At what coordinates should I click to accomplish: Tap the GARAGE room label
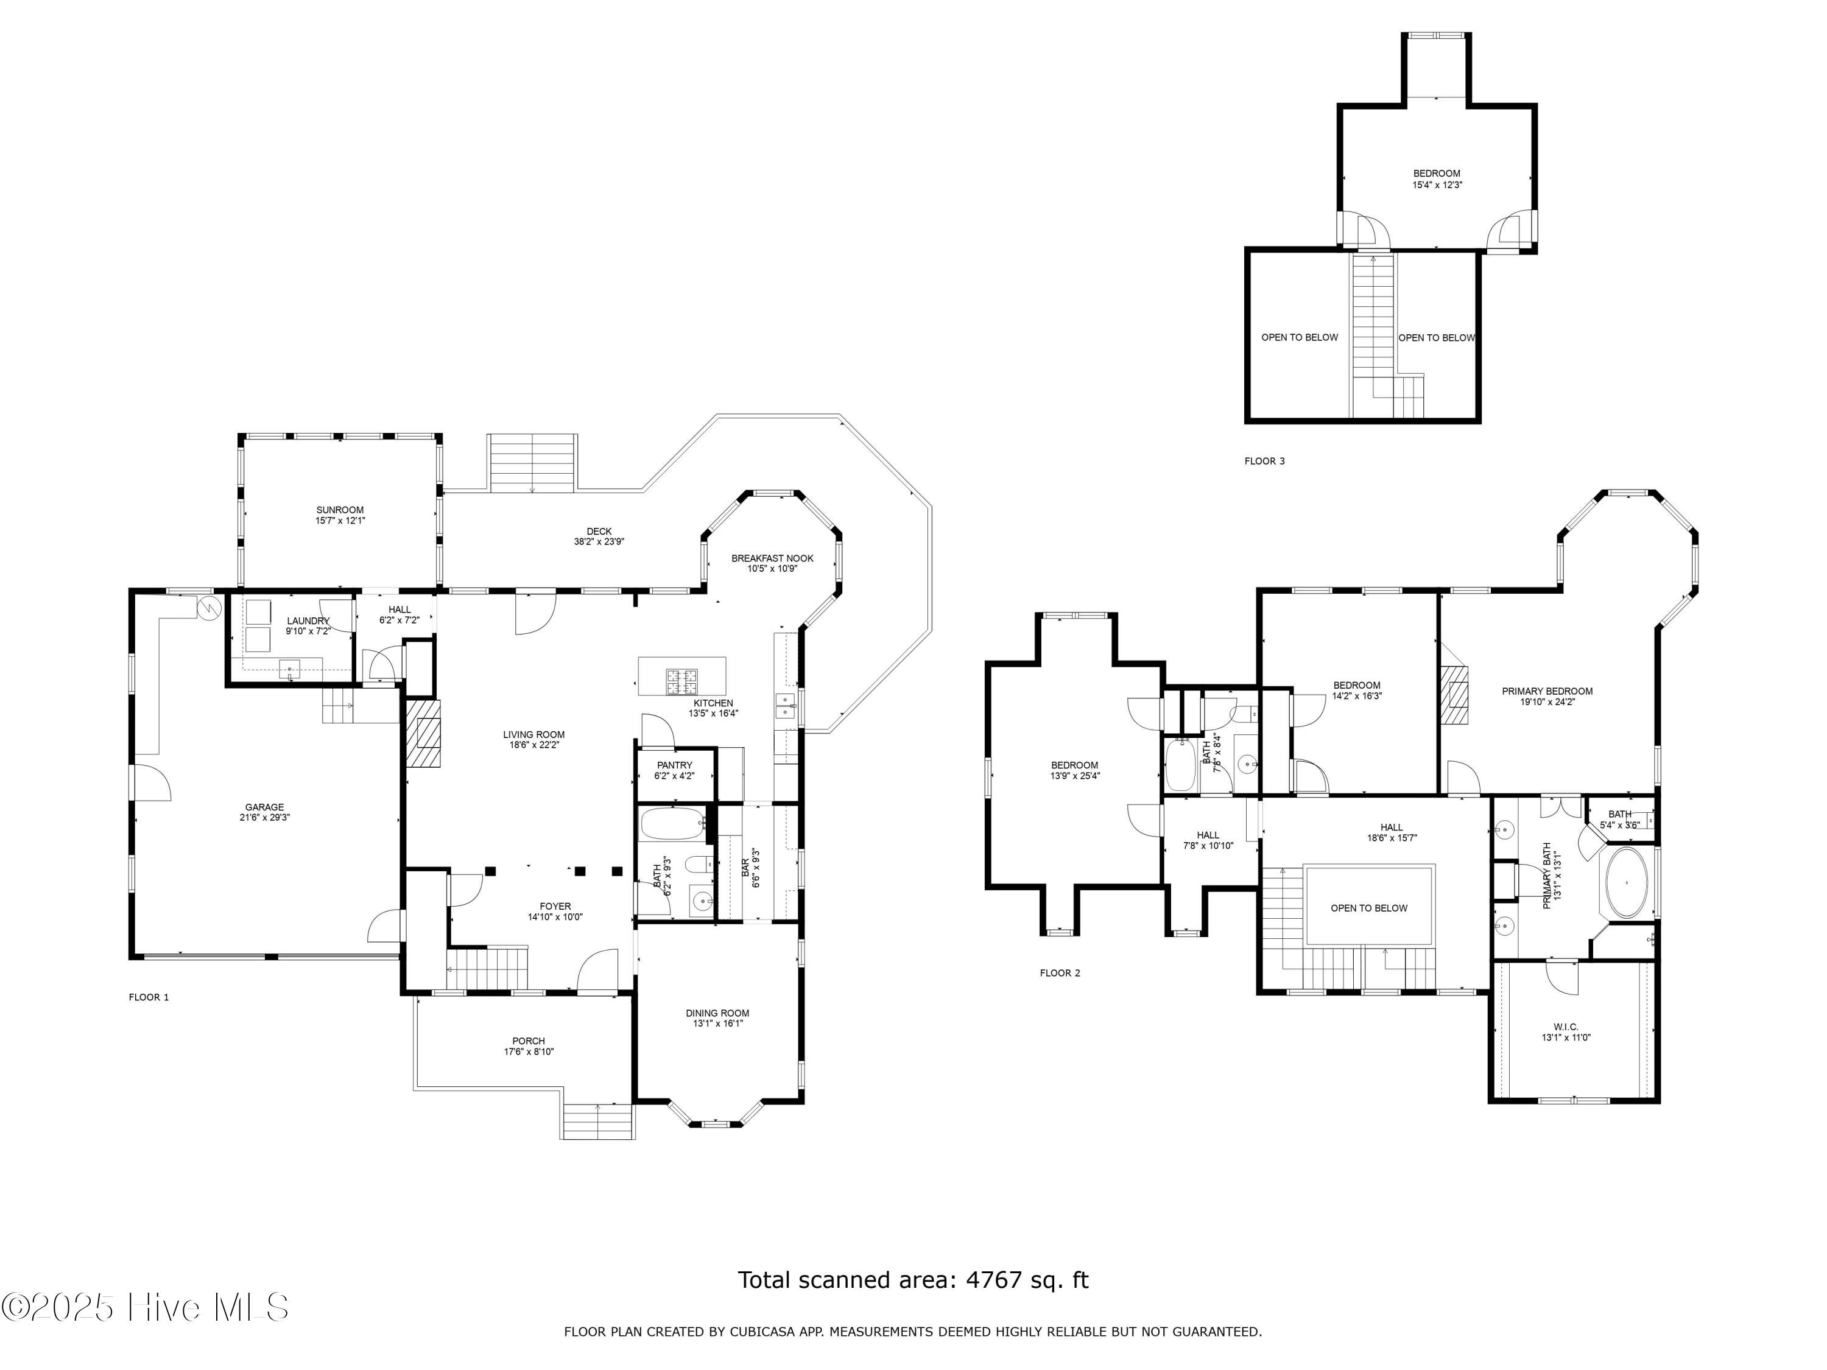click(x=264, y=807)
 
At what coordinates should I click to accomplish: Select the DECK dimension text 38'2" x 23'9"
click(x=599, y=542)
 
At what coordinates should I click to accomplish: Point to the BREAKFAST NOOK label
click(x=772, y=558)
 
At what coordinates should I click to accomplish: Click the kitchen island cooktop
click(x=682, y=681)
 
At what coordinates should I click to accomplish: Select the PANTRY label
click(x=675, y=765)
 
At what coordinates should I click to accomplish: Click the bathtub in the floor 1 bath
click(x=673, y=824)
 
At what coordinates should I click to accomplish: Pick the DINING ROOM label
click(x=717, y=1013)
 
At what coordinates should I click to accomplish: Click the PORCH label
click(x=529, y=1041)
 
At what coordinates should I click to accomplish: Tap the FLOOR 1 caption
click(x=149, y=997)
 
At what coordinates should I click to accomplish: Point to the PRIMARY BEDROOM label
click(x=1547, y=692)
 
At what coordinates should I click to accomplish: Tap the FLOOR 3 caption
click(x=1264, y=461)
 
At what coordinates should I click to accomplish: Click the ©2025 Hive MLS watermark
click(x=146, y=1307)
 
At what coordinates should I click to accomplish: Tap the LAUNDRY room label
click(x=308, y=621)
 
